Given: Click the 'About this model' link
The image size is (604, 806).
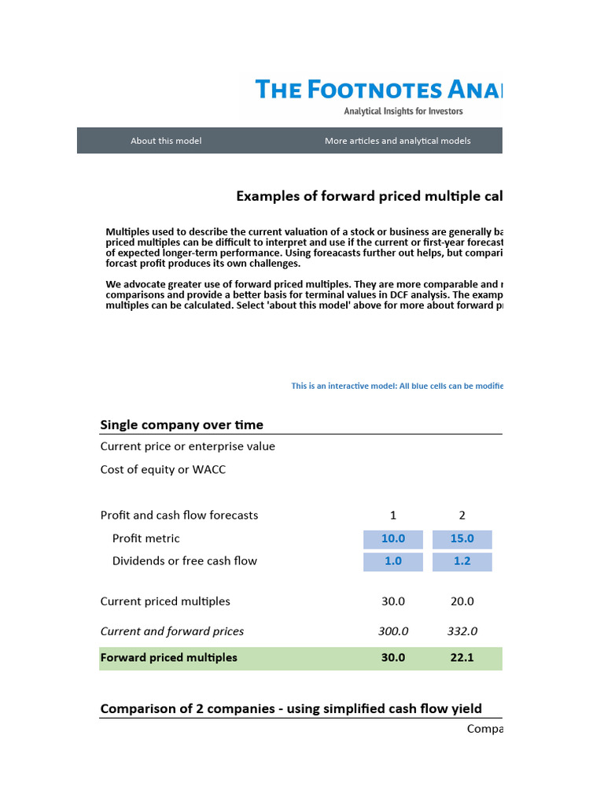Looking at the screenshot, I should click(x=166, y=141).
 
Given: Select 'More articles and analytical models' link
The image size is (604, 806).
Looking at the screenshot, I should click(x=397, y=141).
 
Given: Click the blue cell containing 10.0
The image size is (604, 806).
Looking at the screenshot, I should click(x=393, y=539).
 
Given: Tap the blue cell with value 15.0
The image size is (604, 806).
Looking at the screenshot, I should click(x=462, y=539).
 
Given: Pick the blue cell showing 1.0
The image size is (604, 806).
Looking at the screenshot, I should click(x=393, y=561).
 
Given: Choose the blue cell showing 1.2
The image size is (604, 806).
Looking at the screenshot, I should click(x=462, y=561).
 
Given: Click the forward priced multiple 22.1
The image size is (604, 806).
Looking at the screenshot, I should click(x=462, y=658).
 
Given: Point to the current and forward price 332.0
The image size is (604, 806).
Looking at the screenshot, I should click(x=462, y=631).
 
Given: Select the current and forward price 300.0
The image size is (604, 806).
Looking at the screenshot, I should click(x=393, y=631).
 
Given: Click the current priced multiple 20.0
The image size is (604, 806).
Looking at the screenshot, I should click(x=462, y=601).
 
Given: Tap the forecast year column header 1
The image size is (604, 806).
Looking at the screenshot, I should click(x=393, y=516).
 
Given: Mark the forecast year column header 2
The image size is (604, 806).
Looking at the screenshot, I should click(x=462, y=516).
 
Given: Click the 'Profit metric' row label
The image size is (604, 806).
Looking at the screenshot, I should click(x=145, y=539).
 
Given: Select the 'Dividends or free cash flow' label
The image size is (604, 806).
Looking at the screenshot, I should click(x=184, y=561).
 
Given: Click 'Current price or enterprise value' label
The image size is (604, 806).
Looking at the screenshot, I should click(x=187, y=446).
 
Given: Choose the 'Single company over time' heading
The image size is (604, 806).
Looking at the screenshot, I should click(x=182, y=425).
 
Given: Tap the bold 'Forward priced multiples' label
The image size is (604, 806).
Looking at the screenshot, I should click(x=168, y=658).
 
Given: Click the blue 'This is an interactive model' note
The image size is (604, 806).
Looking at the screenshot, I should click(x=396, y=386).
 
